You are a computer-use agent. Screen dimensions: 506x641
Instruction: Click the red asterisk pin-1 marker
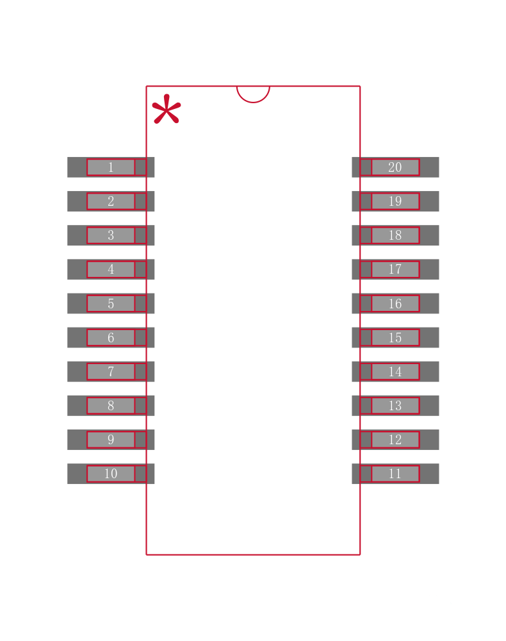(x=167, y=109)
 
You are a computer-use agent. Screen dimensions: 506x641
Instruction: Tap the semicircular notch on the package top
(x=253, y=94)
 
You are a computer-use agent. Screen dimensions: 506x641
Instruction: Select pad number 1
(x=111, y=167)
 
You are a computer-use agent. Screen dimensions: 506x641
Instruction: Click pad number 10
(x=111, y=474)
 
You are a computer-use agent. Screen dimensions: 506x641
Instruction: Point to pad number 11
(x=395, y=474)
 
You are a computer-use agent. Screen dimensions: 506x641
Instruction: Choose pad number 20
(x=395, y=167)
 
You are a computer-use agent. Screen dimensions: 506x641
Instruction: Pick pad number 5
(x=111, y=303)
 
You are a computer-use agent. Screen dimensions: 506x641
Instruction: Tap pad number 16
(x=395, y=303)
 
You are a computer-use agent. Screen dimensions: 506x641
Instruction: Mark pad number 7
(x=111, y=372)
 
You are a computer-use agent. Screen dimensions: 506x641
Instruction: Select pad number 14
(x=395, y=372)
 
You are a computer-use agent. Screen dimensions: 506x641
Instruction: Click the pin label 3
(x=111, y=235)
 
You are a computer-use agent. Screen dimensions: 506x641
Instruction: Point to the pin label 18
(x=395, y=235)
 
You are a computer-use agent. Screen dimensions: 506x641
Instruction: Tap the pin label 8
(x=111, y=406)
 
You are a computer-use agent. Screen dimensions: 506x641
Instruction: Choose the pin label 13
(x=395, y=406)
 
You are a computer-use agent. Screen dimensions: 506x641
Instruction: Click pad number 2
(x=111, y=201)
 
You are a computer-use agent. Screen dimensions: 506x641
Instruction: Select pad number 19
(x=395, y=201)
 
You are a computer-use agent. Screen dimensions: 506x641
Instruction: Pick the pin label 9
(x=111, y=440)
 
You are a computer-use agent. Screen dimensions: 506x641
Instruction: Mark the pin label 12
(x=395, y=440)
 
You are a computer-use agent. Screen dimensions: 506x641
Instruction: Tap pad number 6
(x=111, y=338)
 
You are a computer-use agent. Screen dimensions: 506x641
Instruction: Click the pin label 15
(x=395, y=338)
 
